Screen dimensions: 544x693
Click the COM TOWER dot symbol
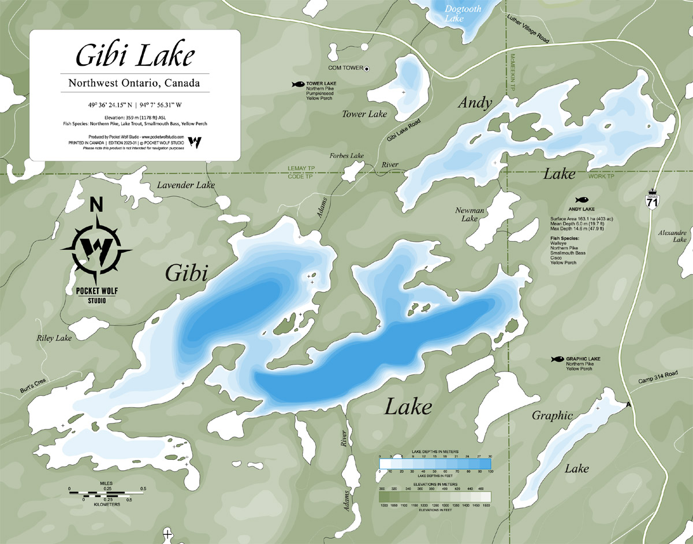[x=367, y=68]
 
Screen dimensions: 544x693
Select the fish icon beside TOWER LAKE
[x=298, y=84]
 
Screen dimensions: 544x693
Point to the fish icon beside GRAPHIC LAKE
[x=557, y=359]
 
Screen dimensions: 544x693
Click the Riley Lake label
[x=54, y=338]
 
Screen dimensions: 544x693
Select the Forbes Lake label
[x=346, y=156]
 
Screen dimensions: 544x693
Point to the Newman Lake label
[x=466, y=215]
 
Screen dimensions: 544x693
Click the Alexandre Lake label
[x=673, y=235]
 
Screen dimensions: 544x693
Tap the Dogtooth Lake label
[x=455, y=13]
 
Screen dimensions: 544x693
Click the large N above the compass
[x=97, y=205]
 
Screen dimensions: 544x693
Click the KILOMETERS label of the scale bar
[x=105, y=504]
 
